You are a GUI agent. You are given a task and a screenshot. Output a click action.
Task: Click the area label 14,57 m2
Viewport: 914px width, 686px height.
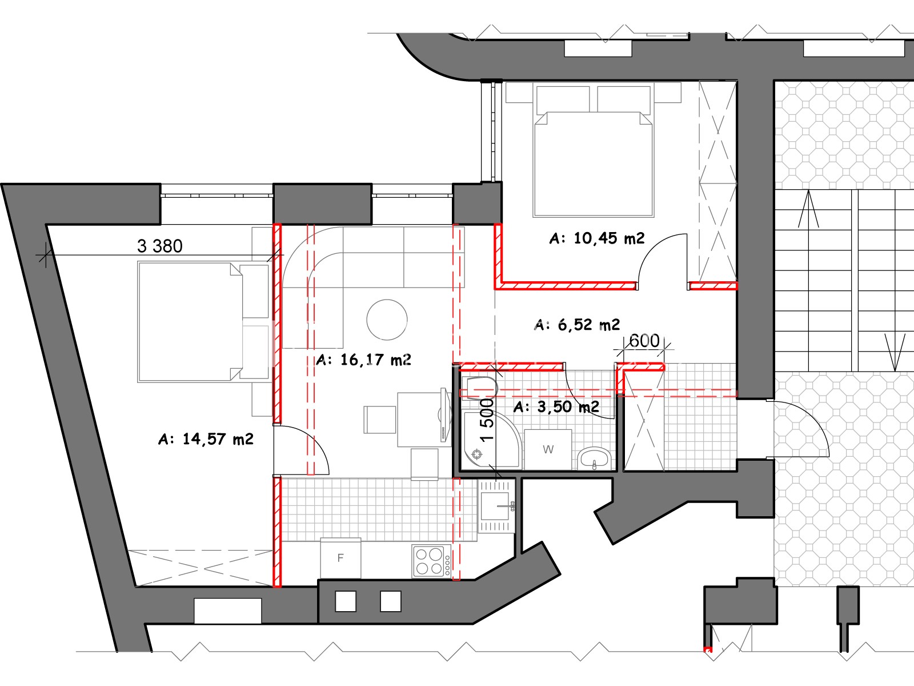tap(206, 439)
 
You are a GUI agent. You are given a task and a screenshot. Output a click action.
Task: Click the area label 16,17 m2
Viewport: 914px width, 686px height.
tap(363, 360)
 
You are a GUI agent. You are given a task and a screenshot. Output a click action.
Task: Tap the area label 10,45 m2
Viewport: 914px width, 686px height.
tap(597, 238)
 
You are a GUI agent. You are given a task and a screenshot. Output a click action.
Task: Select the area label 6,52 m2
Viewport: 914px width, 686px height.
tap(577, 325)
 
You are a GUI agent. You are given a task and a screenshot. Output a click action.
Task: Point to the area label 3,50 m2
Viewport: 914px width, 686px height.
tap(556, 406)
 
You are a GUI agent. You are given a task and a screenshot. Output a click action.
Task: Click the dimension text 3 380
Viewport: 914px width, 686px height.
tap(160, 246)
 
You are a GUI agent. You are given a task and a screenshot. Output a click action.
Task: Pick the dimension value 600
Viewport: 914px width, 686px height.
tap(644, 341)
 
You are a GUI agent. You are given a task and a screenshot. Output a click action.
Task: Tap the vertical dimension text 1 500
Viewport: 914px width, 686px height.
tap(487, 420)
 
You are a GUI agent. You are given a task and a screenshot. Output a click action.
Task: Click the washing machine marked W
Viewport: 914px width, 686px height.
tap(548, 450)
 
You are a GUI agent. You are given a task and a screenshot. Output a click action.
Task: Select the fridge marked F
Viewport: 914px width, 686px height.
tap(340, 558)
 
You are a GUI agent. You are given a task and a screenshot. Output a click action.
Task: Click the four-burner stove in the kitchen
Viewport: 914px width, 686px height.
tap(431, 561)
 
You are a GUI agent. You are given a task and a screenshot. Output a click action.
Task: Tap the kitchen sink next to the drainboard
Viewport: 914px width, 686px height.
tap(495, 506)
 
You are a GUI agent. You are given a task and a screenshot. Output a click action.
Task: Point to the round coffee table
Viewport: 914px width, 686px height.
tap(387, 320)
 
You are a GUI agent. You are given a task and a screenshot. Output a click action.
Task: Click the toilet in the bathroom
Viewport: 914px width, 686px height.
tap(482, 388)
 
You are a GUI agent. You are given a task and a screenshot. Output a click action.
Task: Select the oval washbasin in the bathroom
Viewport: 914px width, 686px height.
tap(594, 458)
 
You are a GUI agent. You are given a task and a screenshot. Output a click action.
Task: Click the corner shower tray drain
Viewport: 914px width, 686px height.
tap(477, 454)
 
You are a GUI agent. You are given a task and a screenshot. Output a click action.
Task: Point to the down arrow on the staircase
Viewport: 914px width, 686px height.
tap(895, 352)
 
